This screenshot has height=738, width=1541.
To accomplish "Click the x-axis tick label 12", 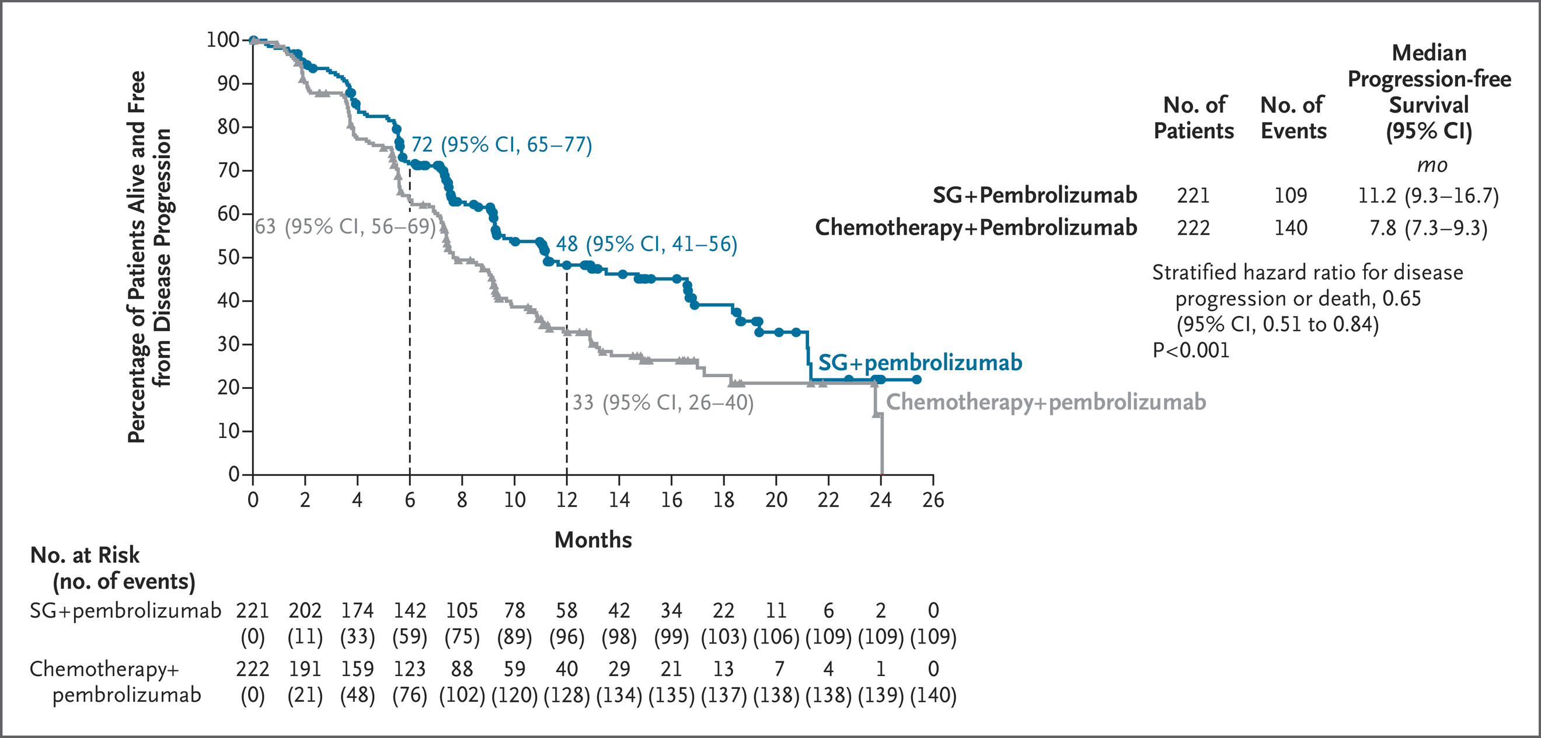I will [x=567, y=499].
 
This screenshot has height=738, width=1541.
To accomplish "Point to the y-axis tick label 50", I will [x=228, y=257].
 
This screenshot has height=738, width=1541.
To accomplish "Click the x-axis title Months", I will [x=593, y=540].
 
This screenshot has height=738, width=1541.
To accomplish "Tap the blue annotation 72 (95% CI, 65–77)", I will [x=501, y=145].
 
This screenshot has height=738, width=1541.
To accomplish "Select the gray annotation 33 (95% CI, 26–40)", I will [x=663, y=403].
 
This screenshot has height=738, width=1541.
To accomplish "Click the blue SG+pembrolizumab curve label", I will [x=920, y=363].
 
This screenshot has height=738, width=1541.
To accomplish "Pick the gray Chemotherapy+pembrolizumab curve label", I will [x=1045, y=402].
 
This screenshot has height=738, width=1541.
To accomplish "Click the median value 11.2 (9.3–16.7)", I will [x=1428, y=196].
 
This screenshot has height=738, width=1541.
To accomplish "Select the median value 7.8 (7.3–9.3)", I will [x=1428, y=228].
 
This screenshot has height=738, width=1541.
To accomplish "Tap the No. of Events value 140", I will [x=1291, y=228].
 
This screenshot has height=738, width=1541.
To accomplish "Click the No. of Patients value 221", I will [x=1194, y=196].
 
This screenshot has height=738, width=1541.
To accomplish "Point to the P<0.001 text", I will [x=1191, y=350].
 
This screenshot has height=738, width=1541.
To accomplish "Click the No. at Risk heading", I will [x=85, y=555].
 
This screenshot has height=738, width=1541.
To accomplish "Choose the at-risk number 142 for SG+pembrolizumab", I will [x=410, y=611].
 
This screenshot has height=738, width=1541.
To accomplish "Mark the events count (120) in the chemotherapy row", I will [x=514, y=695].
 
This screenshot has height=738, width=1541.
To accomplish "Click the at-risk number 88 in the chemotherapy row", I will [x=462, y=669].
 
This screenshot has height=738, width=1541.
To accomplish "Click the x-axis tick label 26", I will [x=933, y=499].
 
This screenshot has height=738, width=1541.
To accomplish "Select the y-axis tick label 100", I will [x=222, y=40].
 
